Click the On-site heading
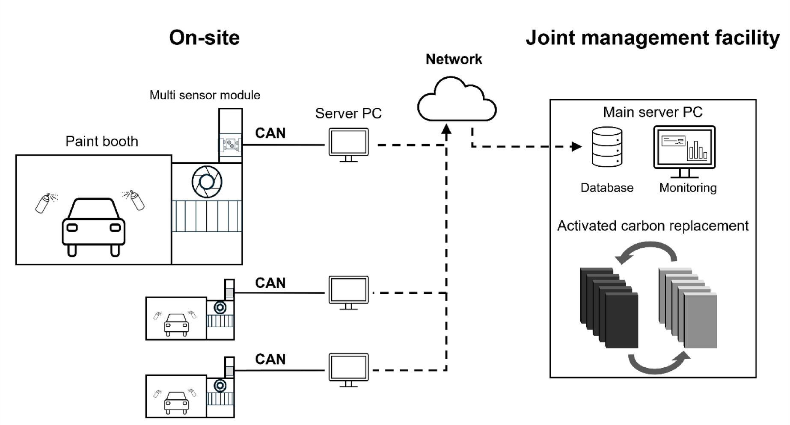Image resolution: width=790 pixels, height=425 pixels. click(x=204, y=38)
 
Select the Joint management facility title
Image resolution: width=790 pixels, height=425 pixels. click(x=652, y=38)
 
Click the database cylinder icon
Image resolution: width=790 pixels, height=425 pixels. click(x=607, y=146)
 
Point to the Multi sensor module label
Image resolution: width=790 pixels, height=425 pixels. click(x=205, y=95)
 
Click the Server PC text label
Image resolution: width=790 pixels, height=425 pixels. click(x=348, y=113)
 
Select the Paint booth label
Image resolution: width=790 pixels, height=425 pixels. click(x=102, y=142)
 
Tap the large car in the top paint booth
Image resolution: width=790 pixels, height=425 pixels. click(x=94, y=226)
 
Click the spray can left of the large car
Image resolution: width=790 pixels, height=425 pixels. click(x=44, y=203)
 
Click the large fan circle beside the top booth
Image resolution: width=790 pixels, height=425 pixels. click(x=207, y=182)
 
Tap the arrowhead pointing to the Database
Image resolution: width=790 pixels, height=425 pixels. click(x=576, y=147)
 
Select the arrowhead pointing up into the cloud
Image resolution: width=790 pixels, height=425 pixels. click(x=446, y=130)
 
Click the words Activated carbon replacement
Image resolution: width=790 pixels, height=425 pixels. click(x=653, y=226)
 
